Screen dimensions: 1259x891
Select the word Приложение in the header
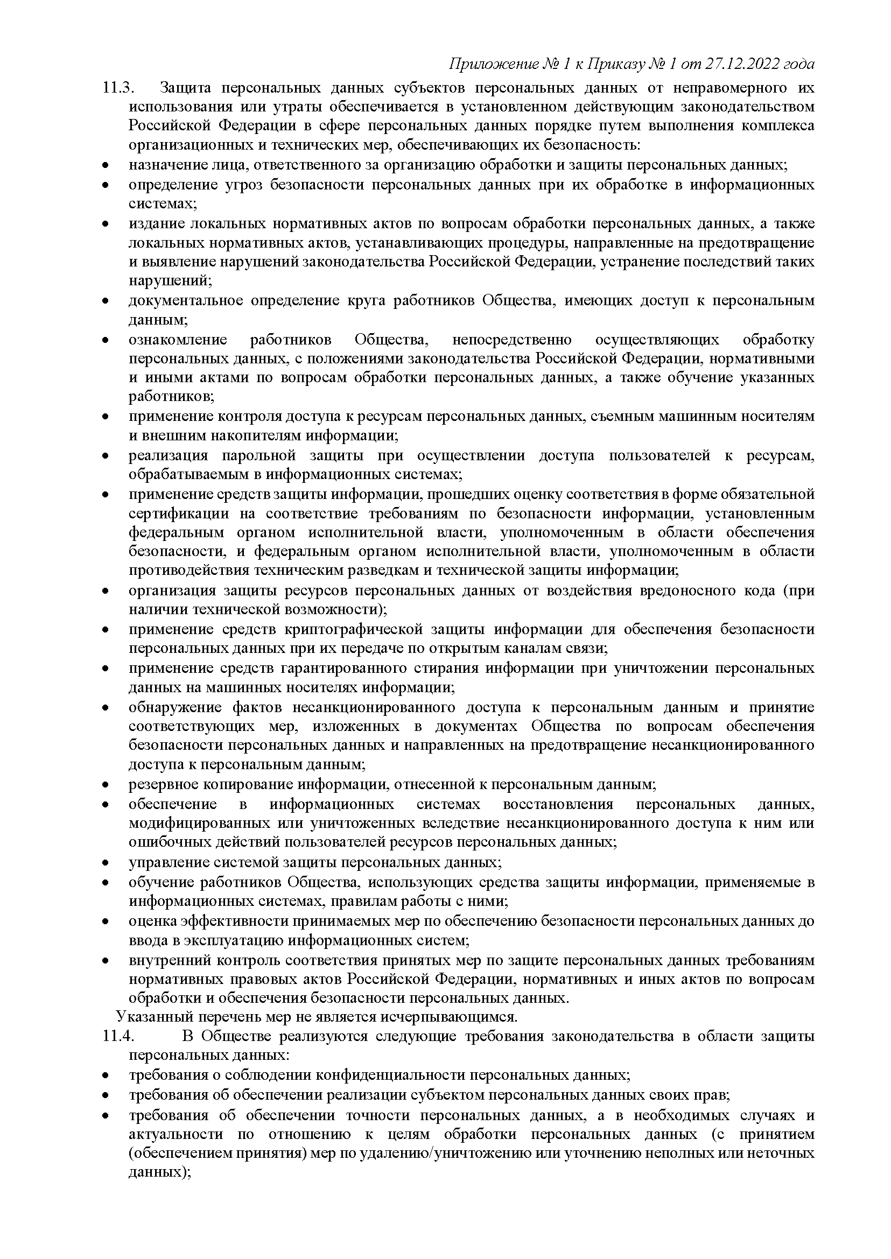click(491, 65)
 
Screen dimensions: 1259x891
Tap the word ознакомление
click(178, 340)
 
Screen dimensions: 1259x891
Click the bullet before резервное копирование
click(106, 785)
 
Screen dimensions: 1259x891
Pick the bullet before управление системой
click(106, 862)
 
